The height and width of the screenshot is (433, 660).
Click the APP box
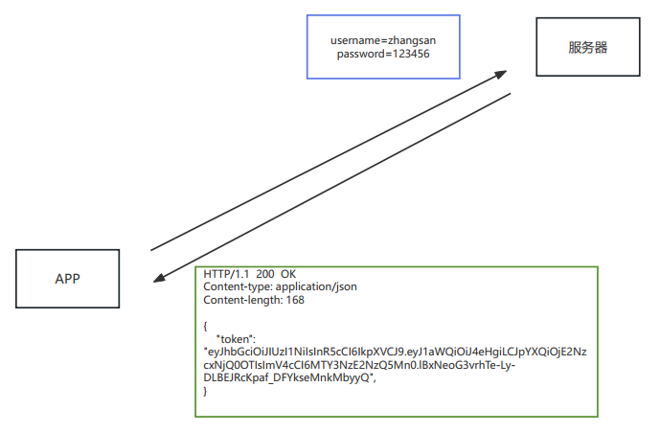pos(67,279)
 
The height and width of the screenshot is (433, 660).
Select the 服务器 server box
pos(587,47)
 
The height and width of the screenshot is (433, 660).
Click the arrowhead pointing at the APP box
pos(159,279)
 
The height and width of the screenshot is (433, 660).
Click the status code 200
pos(265,274)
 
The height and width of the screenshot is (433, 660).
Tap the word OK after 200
pos(288,274)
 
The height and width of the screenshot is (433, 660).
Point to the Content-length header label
pos(241,300)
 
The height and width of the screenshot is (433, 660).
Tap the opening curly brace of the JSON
pos(206,326)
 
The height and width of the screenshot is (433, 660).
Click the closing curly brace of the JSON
pos(206,392)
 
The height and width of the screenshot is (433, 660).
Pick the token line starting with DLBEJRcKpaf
pos(287,378)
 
